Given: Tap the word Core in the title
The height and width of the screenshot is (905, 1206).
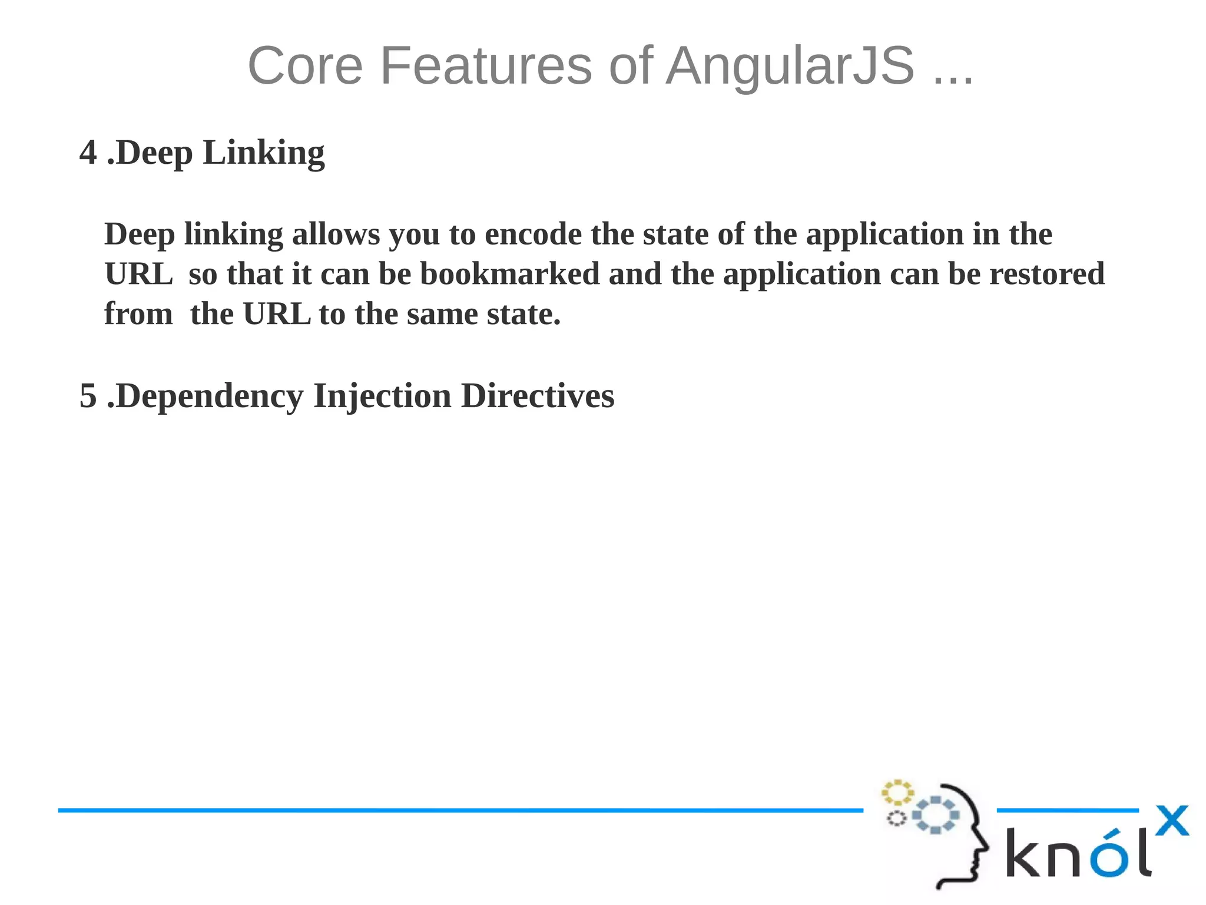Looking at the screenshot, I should point(305,66).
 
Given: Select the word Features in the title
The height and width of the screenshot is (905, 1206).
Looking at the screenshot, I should point(486,66).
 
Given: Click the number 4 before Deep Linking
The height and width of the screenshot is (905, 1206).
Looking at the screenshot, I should point(88,153).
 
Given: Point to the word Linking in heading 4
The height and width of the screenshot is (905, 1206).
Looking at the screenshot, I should point(263,154).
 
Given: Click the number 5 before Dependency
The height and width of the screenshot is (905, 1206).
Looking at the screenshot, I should point(88,396).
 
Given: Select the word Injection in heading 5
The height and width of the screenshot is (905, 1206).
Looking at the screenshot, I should point(382,396).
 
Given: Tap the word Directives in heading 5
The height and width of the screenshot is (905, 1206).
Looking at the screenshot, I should point(538,396).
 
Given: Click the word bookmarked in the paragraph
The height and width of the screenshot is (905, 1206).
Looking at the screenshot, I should point(509,275).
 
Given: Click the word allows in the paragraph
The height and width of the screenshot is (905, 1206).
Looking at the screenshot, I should point(336,234).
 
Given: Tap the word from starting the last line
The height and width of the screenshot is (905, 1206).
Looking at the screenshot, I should point(138,315).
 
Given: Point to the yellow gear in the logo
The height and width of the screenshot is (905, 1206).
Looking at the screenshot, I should point(897,792).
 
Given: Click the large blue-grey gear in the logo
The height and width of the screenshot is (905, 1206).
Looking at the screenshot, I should point(936,815).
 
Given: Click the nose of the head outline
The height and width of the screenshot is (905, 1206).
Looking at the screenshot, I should point(985,849).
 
